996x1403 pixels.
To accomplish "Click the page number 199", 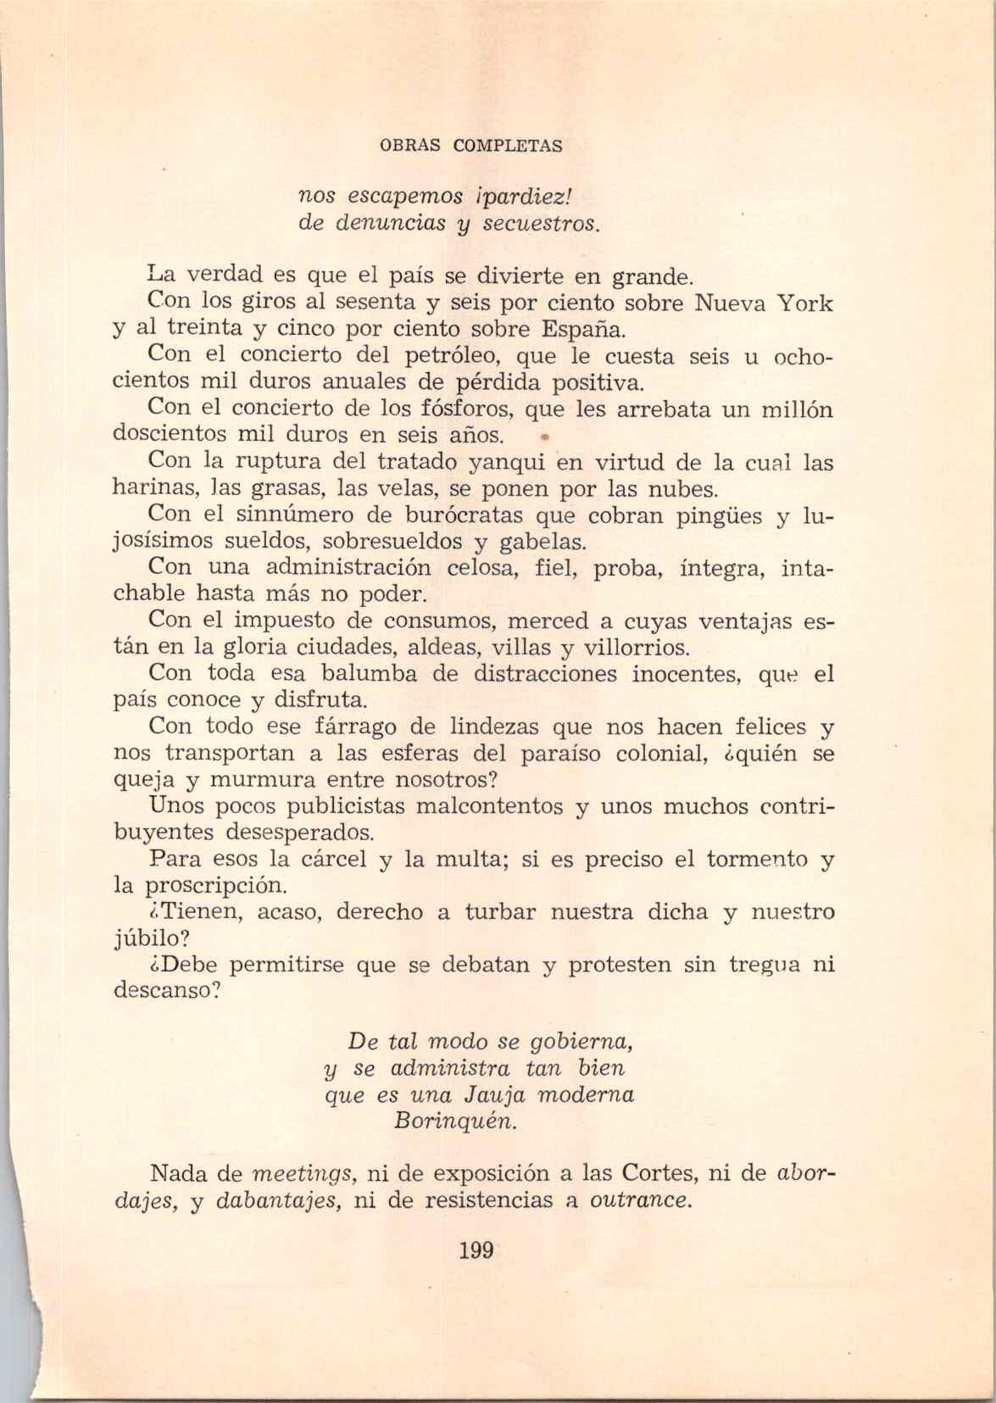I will (x=476, y=1250).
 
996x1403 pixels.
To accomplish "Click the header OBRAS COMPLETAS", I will (x=471, y=145).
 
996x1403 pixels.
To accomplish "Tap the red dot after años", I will (x=544, y=438).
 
